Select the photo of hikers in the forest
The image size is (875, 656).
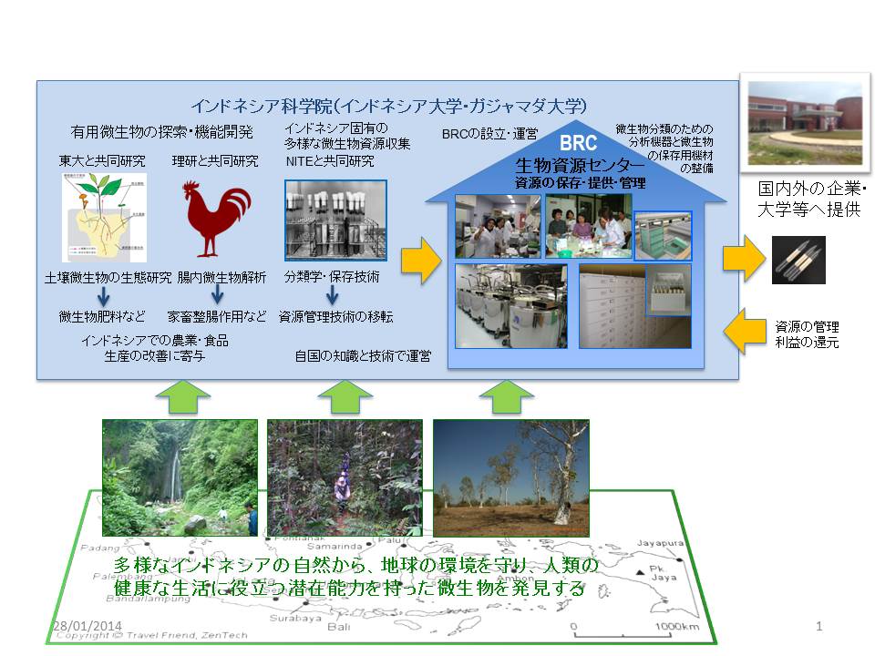(x=345, y=477)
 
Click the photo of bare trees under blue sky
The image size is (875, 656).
(x=510, y=477)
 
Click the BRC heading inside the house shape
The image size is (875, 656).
(x=578, y=144)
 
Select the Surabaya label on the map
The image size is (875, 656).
(x=292, y=618)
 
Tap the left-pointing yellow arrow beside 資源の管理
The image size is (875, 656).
(x=747, y=330)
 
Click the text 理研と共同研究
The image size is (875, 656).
(x=215, y=161)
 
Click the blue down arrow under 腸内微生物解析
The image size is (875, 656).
(x=217, y=296)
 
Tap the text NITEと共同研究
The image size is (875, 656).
(x=329, y=161)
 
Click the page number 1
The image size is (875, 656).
(x=820, y=627)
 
